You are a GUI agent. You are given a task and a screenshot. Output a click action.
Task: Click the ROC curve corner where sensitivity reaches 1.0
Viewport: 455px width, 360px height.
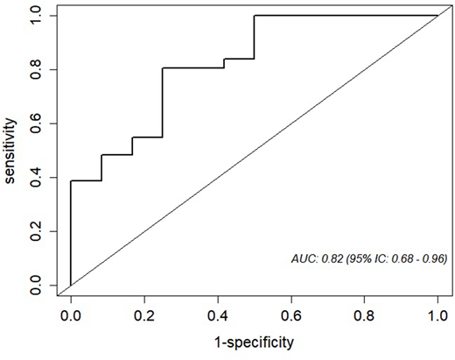[x=254, y=16]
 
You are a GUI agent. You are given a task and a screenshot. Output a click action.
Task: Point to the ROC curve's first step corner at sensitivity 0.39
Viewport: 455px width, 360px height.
[x=71, y=181]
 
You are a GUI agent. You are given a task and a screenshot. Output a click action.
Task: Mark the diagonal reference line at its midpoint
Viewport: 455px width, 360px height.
[x=254, y=151]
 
